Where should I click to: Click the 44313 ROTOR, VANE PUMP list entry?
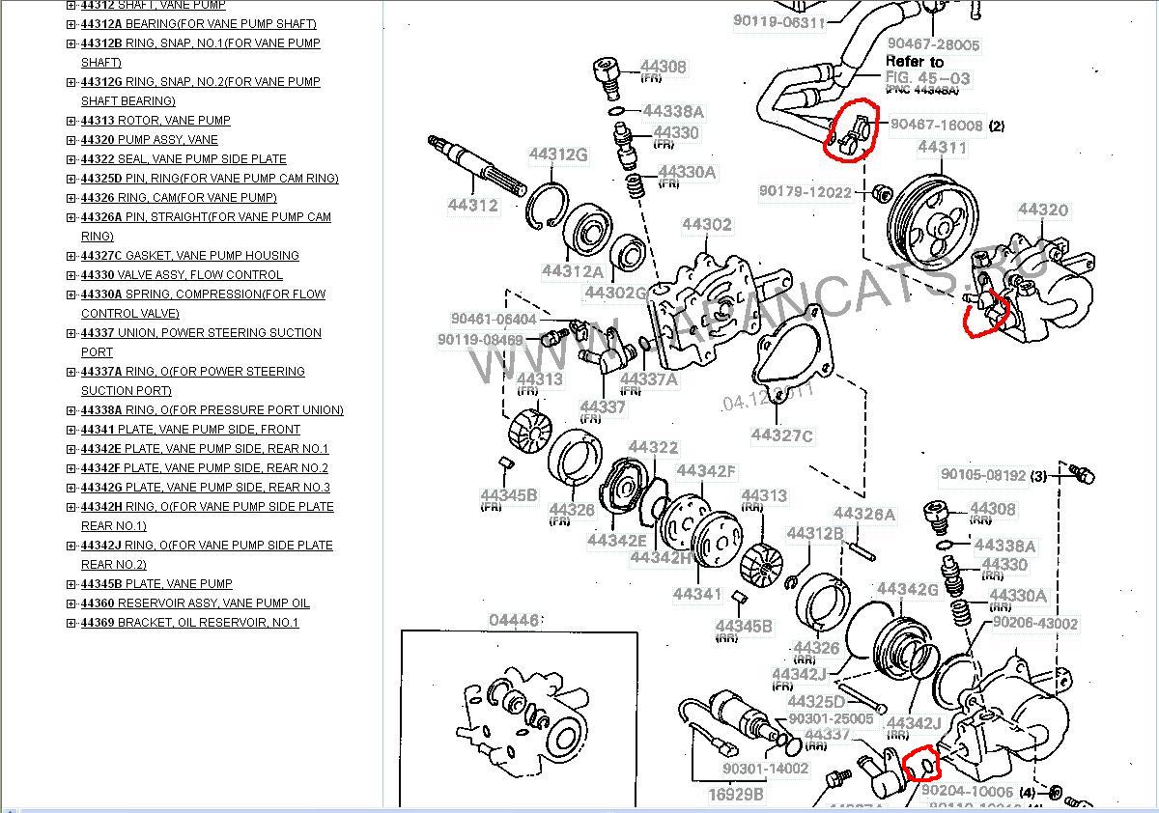(x=155, y=121)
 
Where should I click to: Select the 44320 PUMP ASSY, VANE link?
(x=149, y=140)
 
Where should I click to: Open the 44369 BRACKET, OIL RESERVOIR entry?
(x=188, y=623)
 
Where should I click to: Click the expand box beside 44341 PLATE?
(x=71, y=430)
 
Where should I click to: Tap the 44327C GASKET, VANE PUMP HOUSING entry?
(x=189, y=256)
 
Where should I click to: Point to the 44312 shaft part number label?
(x=472, y=205)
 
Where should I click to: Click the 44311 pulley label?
(x=942, y=148)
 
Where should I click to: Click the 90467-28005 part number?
(x=933, y=44)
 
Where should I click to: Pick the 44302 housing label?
(x=707, y=225)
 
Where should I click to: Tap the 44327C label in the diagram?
(x=781, y=435)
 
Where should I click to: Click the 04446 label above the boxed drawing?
(x=514, y=621)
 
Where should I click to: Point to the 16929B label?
(x=736, y=795)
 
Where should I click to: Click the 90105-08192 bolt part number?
(x=983, y=475)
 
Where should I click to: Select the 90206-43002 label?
(x=1034, y=624)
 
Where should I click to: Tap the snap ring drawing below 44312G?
(x=547, y=206)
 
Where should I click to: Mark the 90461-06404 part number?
(x=493, y=319)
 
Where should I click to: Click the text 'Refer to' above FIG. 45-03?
(x=914, y=61)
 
